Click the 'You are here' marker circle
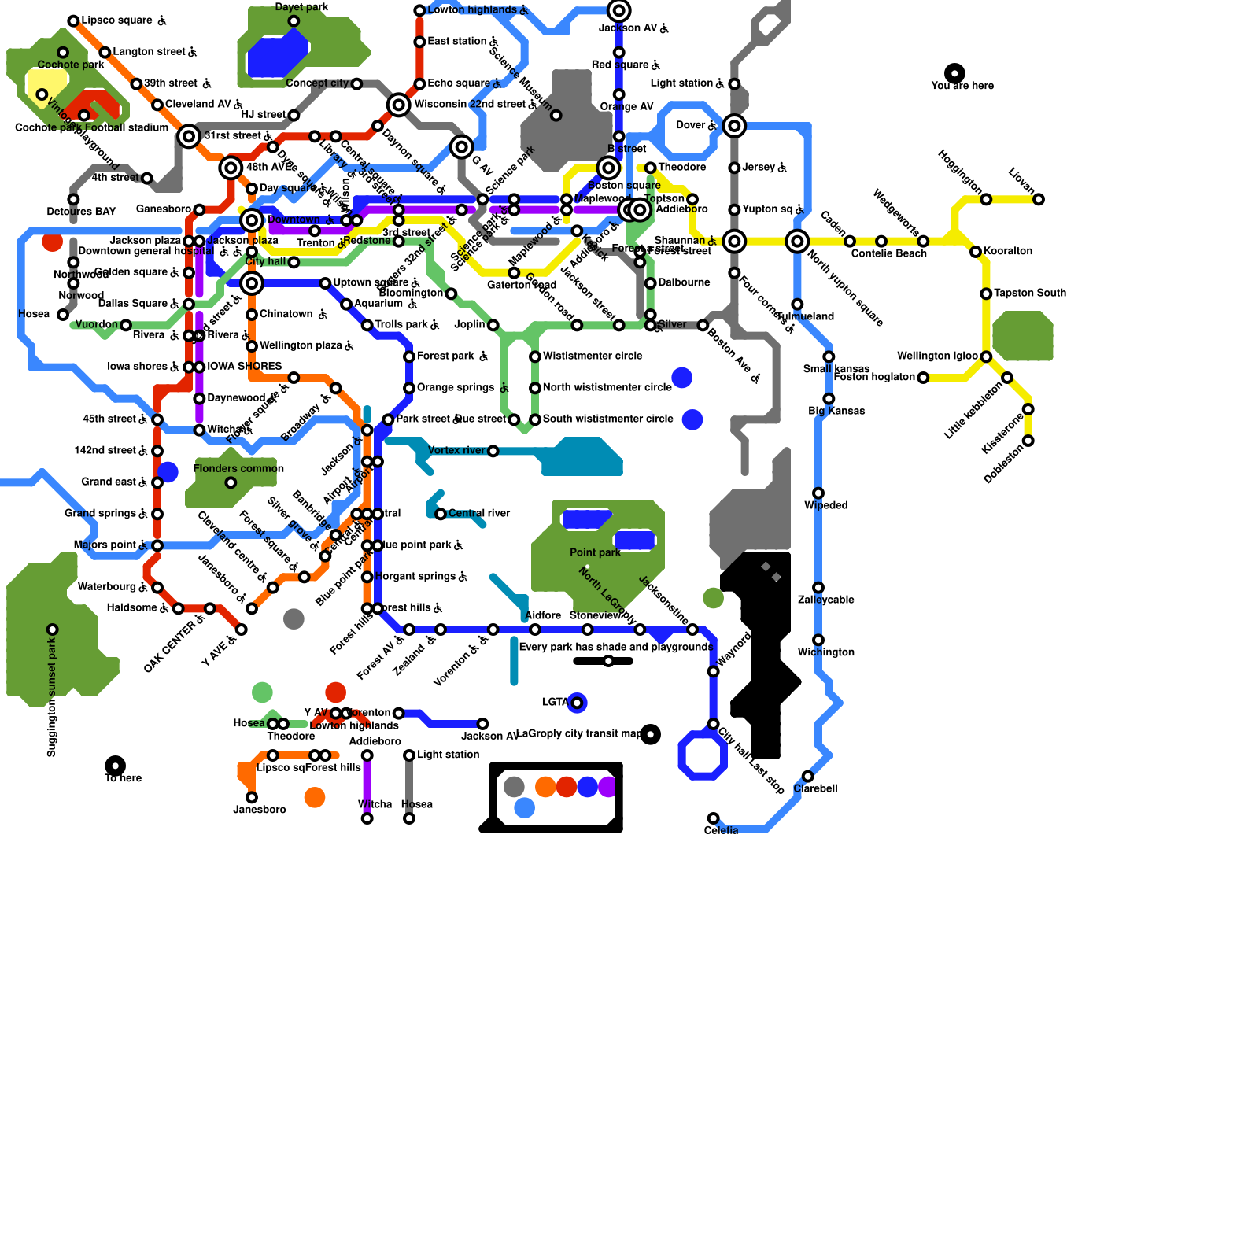(x=954, y=73)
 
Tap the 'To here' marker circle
(x=116, y=766)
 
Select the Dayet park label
(x=301, y=8)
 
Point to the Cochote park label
(x=71, y=65)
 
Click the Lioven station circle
(x=1039, y=199)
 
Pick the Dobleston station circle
(x=1028, y=441)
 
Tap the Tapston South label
(x=1030, y=293)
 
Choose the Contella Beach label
(x=889, y=253)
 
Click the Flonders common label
(x=238, y=469)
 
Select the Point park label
(x=596, y=552)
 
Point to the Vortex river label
(x=456, y=450)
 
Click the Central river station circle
(x=441, y=514)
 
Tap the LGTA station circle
(x=577, y=703)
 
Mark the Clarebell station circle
(x=807, y=777)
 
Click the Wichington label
(x=825, y=652)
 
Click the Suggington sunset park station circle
(x=53, y=629)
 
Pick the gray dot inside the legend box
(x=514, y=786)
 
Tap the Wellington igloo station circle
(x=986, y=356)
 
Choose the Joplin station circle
(x=493, y=325)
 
